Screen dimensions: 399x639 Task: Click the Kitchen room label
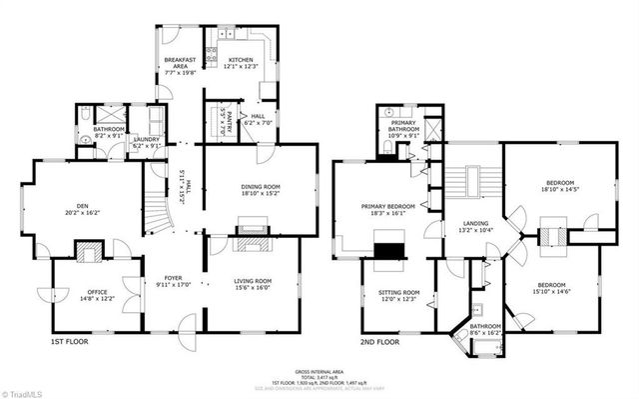(x=241, y=64)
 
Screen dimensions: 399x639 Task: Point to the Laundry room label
(x=147, y=142)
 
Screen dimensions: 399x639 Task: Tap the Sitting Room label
(x=398, y=296)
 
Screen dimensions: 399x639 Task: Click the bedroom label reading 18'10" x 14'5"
(x=559, y=186)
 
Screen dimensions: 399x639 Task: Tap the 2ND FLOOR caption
(x=379, y=342)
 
